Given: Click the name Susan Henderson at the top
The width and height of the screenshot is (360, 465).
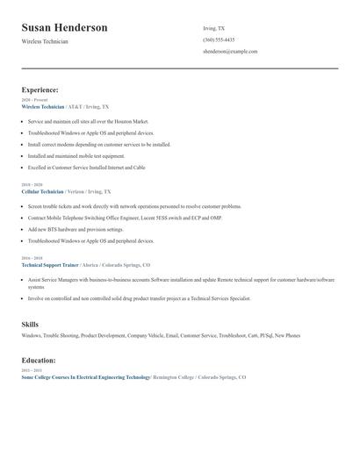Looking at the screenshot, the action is (65, 28).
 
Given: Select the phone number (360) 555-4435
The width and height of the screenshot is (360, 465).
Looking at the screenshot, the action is (219, 39).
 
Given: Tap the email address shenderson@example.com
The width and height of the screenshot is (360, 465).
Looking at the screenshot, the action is (230, 52).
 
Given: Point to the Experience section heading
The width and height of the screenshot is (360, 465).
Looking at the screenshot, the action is (40, 89).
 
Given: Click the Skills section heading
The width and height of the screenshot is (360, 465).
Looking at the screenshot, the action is (30, 325).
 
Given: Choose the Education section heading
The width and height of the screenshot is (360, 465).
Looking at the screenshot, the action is (39, 360).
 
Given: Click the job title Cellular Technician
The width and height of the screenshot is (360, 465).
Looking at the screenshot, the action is (42, 191).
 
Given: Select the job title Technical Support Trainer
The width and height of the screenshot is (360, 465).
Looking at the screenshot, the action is (50, 264).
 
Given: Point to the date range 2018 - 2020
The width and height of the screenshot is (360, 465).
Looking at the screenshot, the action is (32, 185).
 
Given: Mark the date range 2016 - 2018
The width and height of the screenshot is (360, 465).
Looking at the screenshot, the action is (32, 258).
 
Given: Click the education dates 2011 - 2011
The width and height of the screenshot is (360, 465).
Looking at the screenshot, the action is (32, 370).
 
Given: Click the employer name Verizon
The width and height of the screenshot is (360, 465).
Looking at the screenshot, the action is (78, 191).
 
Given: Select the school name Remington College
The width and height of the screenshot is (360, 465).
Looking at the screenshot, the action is (174, 376).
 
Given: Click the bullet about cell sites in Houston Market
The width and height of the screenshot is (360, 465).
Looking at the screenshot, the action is (88, 121).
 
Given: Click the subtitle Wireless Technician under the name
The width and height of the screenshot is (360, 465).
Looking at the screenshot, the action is (45, 41).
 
